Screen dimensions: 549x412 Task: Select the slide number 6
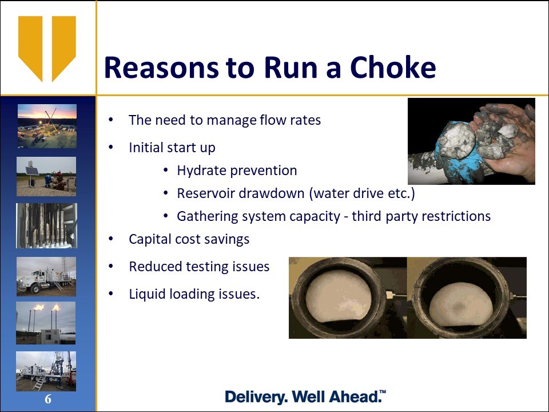[x=48, y=399]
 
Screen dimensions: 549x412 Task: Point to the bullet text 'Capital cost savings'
[x=189, y=239]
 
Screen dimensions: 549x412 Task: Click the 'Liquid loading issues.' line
[x=194, y=294]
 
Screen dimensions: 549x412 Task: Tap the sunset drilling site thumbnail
[x=47, y=126]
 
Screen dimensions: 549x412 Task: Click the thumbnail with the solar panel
[x=46, y=176]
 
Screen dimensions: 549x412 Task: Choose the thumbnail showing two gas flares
[x=46, y=323]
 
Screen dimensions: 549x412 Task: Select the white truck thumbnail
[x=46, y=276]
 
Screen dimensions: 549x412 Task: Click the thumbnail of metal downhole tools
[x=46, y=225]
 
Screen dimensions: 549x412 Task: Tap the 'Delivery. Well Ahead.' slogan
[x=305, y=397]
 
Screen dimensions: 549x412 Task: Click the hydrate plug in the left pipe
[x=338, y=296]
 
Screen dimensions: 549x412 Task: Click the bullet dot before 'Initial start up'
[x=111, y=148]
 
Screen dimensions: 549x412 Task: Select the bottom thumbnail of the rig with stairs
[x=46, y=371]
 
